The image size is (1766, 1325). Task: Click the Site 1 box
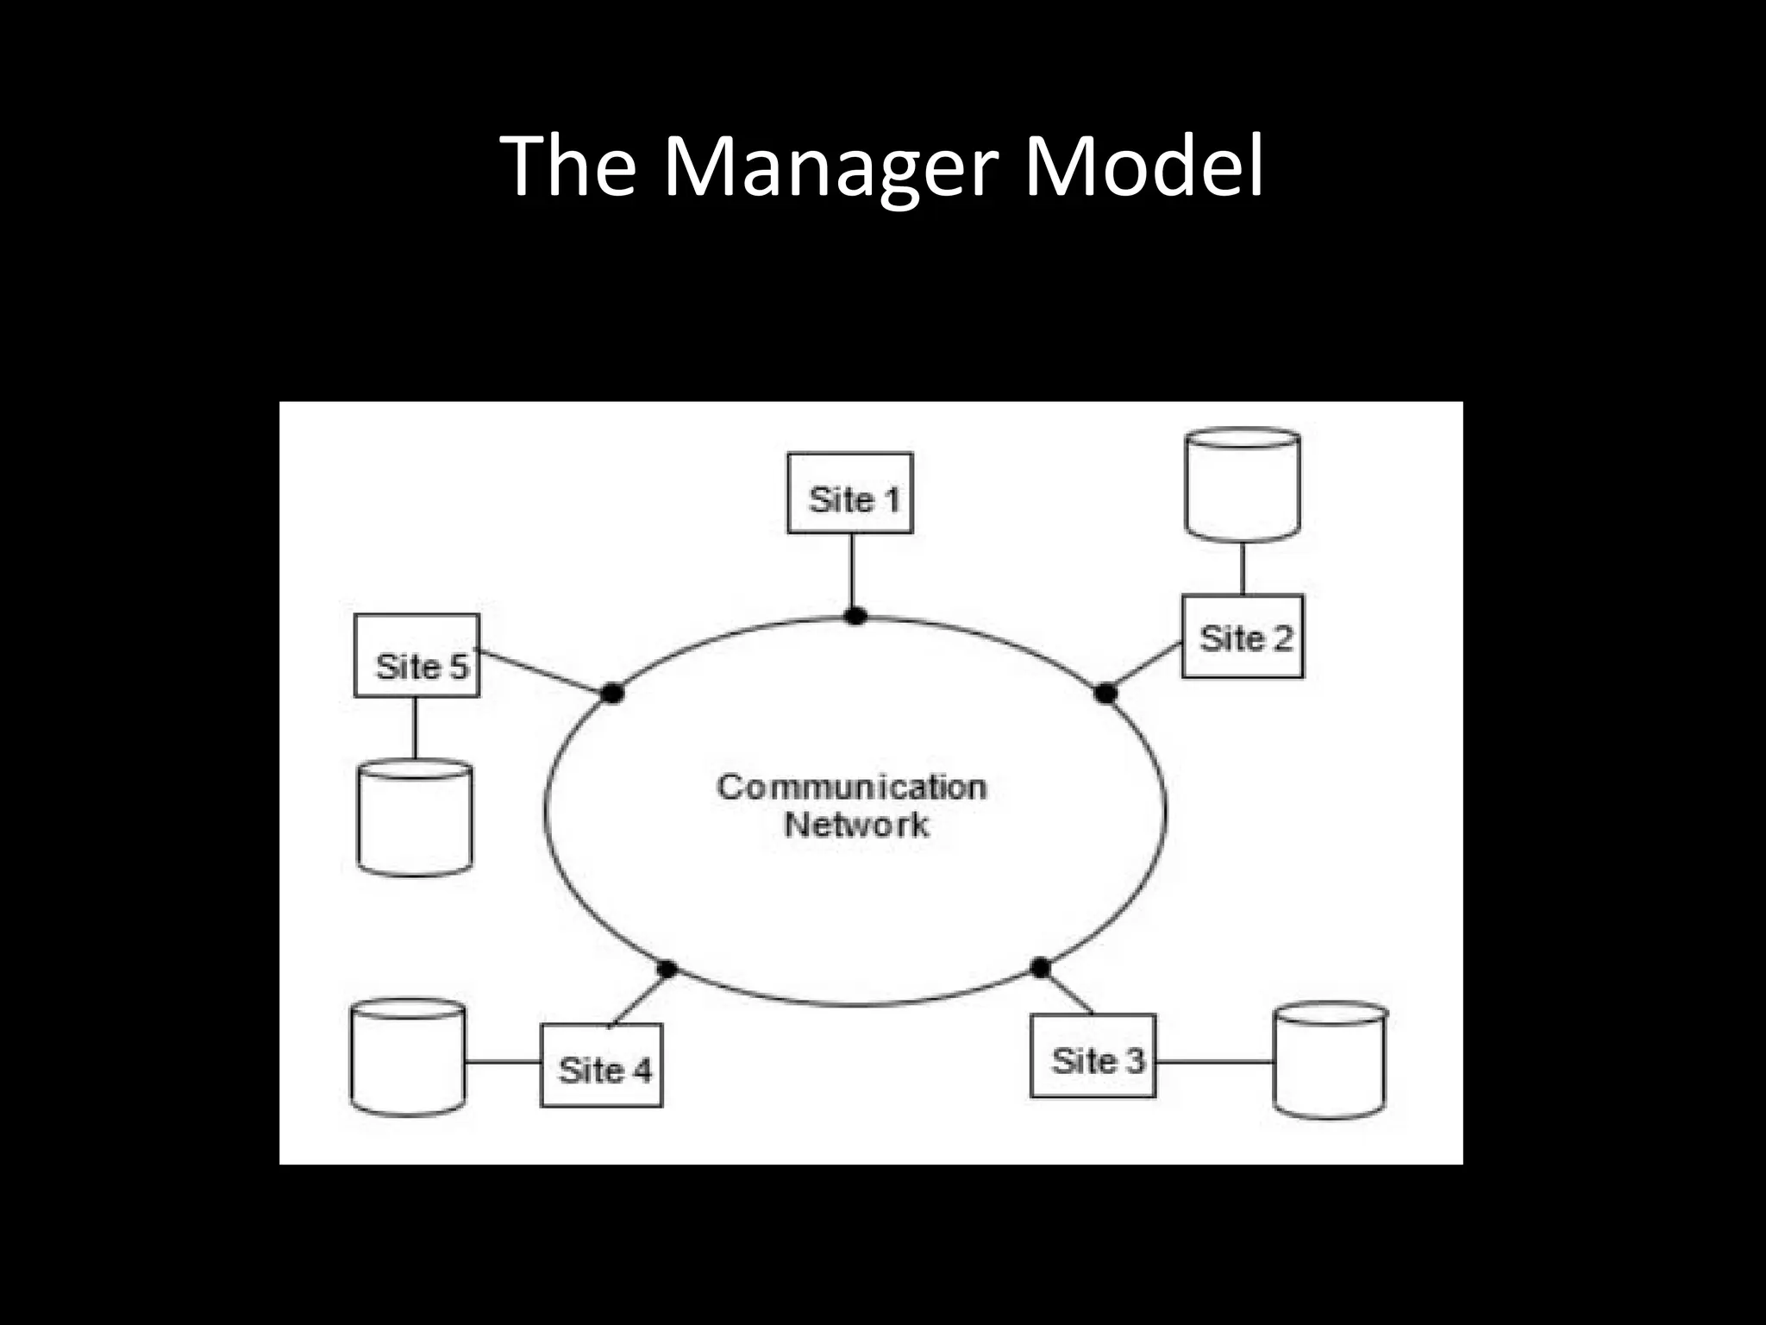[850, 493]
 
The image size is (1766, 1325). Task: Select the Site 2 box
[1242, 637]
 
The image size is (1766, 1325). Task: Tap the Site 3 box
[1093, 1056]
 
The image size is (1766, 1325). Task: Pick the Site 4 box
[601, 1065]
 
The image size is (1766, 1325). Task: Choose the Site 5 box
[416, 656]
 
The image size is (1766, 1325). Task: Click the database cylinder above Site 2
[1243, 485]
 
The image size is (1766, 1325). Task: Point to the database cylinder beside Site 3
[1331, 1060]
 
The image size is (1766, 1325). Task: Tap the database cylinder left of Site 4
[408, 1058]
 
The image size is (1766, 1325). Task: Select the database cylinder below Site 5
[415, 818]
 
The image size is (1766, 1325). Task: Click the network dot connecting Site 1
[855, 616]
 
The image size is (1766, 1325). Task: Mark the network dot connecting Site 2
[1105, 693]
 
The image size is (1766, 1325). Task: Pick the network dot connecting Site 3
[1041, 968]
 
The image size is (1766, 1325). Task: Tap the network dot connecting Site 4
[666, 969]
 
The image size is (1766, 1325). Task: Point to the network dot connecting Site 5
[612, 693]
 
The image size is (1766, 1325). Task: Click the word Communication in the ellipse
[852, 787]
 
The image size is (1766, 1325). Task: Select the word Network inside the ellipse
[856, 826]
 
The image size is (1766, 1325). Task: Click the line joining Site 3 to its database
[1214, 1062]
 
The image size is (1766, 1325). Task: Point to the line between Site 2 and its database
[1243, 568]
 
